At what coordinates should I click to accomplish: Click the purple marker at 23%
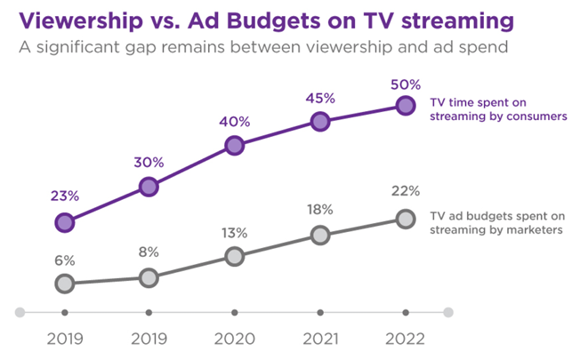pos(64,222)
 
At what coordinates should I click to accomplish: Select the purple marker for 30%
pos(149,186)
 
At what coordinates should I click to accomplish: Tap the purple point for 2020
pos(234,145)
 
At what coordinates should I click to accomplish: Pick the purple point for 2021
pos(320,123)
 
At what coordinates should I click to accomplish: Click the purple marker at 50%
pos(406,106)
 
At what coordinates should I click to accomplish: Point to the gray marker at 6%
pos(64,284)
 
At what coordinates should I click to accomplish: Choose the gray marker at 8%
pos(149,277)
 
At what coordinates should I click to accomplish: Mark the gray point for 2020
pos(234,256)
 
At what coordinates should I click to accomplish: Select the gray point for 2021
pos(320,236)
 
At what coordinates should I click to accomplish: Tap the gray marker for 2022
pos(406,219)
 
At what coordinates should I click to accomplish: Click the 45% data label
pos(320,96)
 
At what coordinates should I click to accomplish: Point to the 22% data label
pos(406,192)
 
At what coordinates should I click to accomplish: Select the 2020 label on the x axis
pos(234,339)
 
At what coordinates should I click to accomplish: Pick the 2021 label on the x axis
pos(320,339)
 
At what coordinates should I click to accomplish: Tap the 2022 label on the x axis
pos(406,339)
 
